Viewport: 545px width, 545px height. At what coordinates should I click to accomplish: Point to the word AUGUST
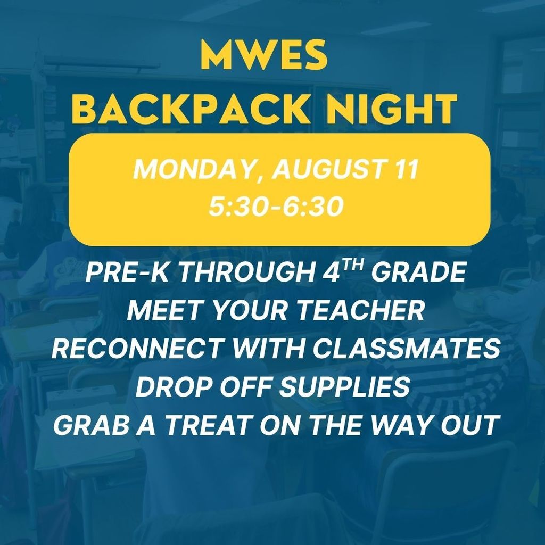316,171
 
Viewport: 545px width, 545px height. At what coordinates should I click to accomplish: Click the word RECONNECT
136,349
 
